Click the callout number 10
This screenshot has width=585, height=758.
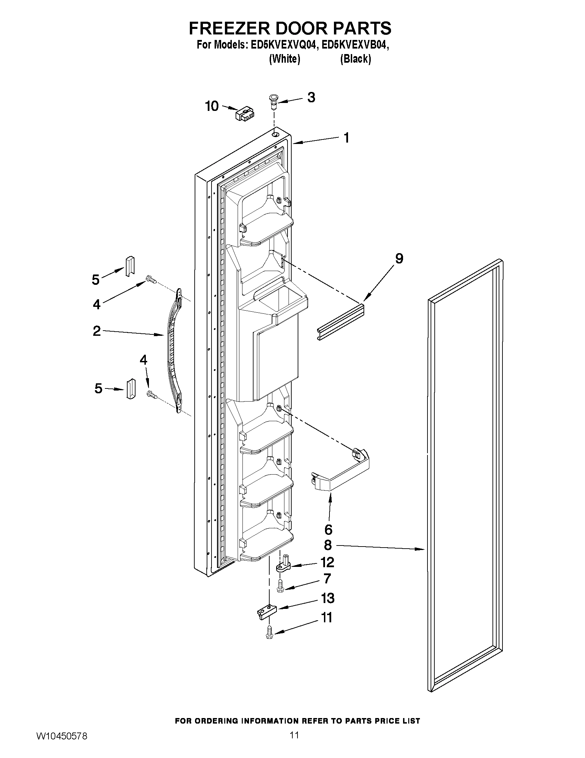[212, 106]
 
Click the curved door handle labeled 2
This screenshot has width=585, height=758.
[172, 351]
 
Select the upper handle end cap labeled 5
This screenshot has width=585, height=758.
[129, 266]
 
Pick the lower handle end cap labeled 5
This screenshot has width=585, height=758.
[130, 389]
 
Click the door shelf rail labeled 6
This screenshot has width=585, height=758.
[342, 473]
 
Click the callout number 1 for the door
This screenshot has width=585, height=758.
[346, 138]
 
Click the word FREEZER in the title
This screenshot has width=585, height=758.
[229, 28]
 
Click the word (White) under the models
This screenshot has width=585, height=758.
[284, 59]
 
